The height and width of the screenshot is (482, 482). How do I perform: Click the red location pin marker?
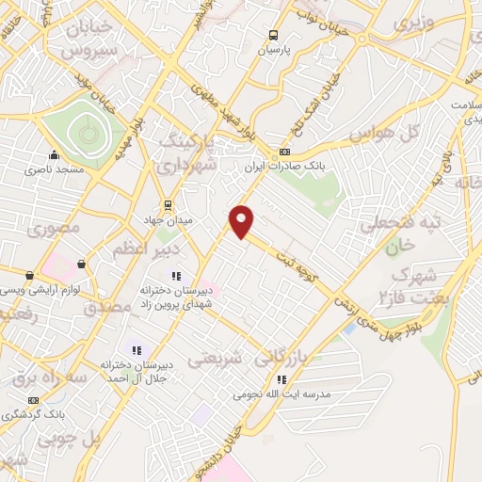pyautogui.click(x=242, y=221)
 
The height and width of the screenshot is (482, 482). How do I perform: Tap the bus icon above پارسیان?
pyautogui.click(x=272, y=29)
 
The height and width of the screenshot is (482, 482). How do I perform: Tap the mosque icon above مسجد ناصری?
pyautogui.click(x=55, y=154)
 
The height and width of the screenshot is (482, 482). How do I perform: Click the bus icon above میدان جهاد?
pyautogui.click(x=168, y=204)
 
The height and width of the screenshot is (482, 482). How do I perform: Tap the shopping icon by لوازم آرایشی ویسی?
pyautogui.click(x=30, y=275)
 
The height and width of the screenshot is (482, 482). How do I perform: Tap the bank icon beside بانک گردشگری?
pyautogui.click(x=35, y=400)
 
